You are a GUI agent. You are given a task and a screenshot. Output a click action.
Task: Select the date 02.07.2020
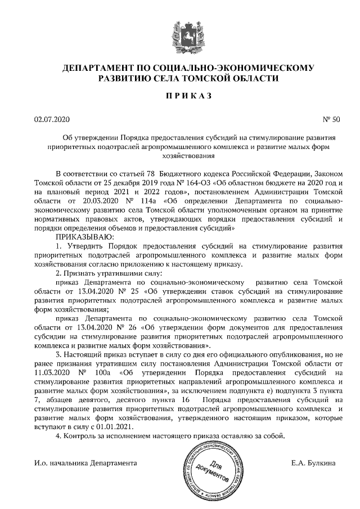click(x=51, y=119)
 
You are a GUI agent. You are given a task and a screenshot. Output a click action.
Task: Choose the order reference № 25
click(x=124, y=291)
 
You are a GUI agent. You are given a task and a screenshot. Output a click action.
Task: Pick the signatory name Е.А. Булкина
click(x=314, y=464)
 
